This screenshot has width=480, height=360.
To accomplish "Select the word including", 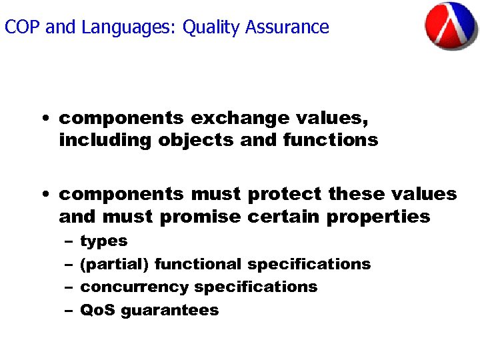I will [105, 141].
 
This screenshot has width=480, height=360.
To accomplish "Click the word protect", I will [285, 194].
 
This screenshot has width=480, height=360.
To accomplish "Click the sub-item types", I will [103, 241].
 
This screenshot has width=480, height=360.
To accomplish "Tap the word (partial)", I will [114, 264].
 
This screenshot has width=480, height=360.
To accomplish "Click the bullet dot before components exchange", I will [44, 119].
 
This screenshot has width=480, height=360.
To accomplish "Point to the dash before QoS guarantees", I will [69, 311].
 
